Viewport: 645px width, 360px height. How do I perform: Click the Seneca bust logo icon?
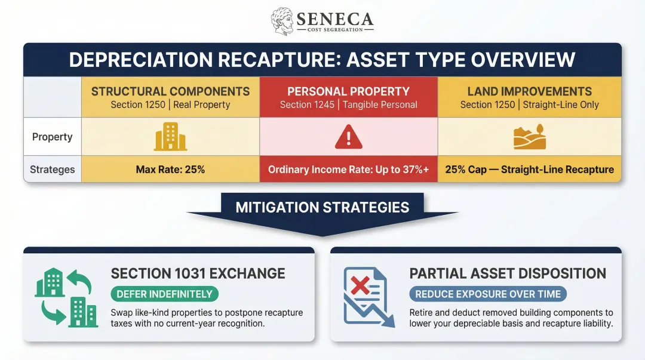point(282,21)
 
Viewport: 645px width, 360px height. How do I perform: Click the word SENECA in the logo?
point(334,19)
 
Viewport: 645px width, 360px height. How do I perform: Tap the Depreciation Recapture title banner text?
point(322,60)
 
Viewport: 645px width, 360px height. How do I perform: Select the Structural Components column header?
point(170,91)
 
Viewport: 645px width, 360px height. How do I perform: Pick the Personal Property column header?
point(348,91)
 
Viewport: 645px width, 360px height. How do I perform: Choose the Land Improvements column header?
point(529,91)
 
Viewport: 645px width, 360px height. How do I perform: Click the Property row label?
point(52,137)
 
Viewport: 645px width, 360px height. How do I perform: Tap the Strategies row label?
point(52,170)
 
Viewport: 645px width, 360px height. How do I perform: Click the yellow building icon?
point(170,137)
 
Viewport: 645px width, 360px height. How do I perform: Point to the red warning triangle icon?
point(348,138)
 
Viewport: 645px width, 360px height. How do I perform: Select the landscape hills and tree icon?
point(529,137)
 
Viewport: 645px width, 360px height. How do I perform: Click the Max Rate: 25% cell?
point(170,170)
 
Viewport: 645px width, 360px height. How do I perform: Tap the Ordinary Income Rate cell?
point(348,170)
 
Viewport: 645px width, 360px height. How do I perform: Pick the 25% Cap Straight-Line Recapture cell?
point(529,170)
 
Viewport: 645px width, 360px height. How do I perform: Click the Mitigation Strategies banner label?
point(322,208)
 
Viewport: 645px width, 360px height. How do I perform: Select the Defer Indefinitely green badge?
point(164,294)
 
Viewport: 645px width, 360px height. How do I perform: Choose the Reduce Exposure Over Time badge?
point(488,294)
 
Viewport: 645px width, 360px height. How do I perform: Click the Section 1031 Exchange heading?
point(198,274)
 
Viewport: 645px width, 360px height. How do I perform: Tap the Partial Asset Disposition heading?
point(508,274)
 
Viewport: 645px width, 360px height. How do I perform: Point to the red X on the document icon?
point(360,287)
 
